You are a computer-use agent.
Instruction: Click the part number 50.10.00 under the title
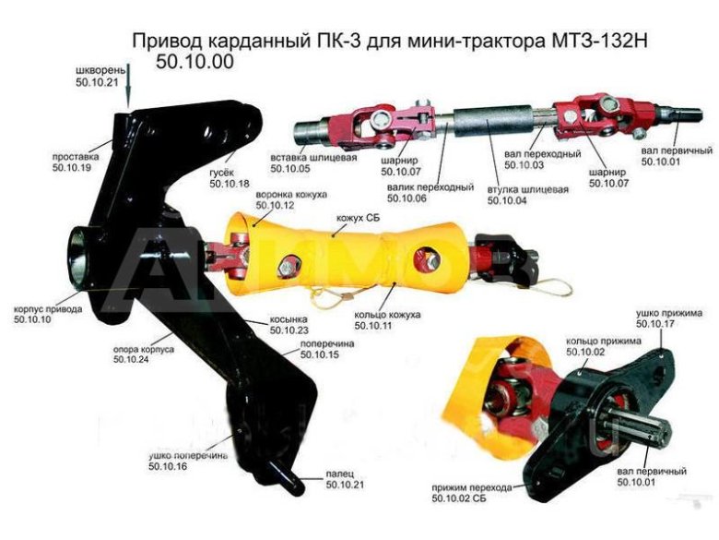[x=195, y=63]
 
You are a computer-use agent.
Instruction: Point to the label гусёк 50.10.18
[x=230, y=179]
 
